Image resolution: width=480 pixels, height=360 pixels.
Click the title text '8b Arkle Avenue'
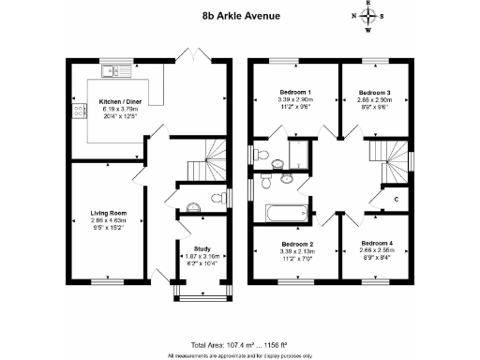(239, 16)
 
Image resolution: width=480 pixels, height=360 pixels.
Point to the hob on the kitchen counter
(73, 112)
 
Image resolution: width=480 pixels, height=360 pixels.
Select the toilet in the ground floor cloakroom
(193, 207)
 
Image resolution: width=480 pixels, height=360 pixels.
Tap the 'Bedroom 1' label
(295, 92)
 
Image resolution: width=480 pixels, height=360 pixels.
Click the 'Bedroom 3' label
(375, 92)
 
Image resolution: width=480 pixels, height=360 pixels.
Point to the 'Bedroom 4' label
(376, 244)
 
